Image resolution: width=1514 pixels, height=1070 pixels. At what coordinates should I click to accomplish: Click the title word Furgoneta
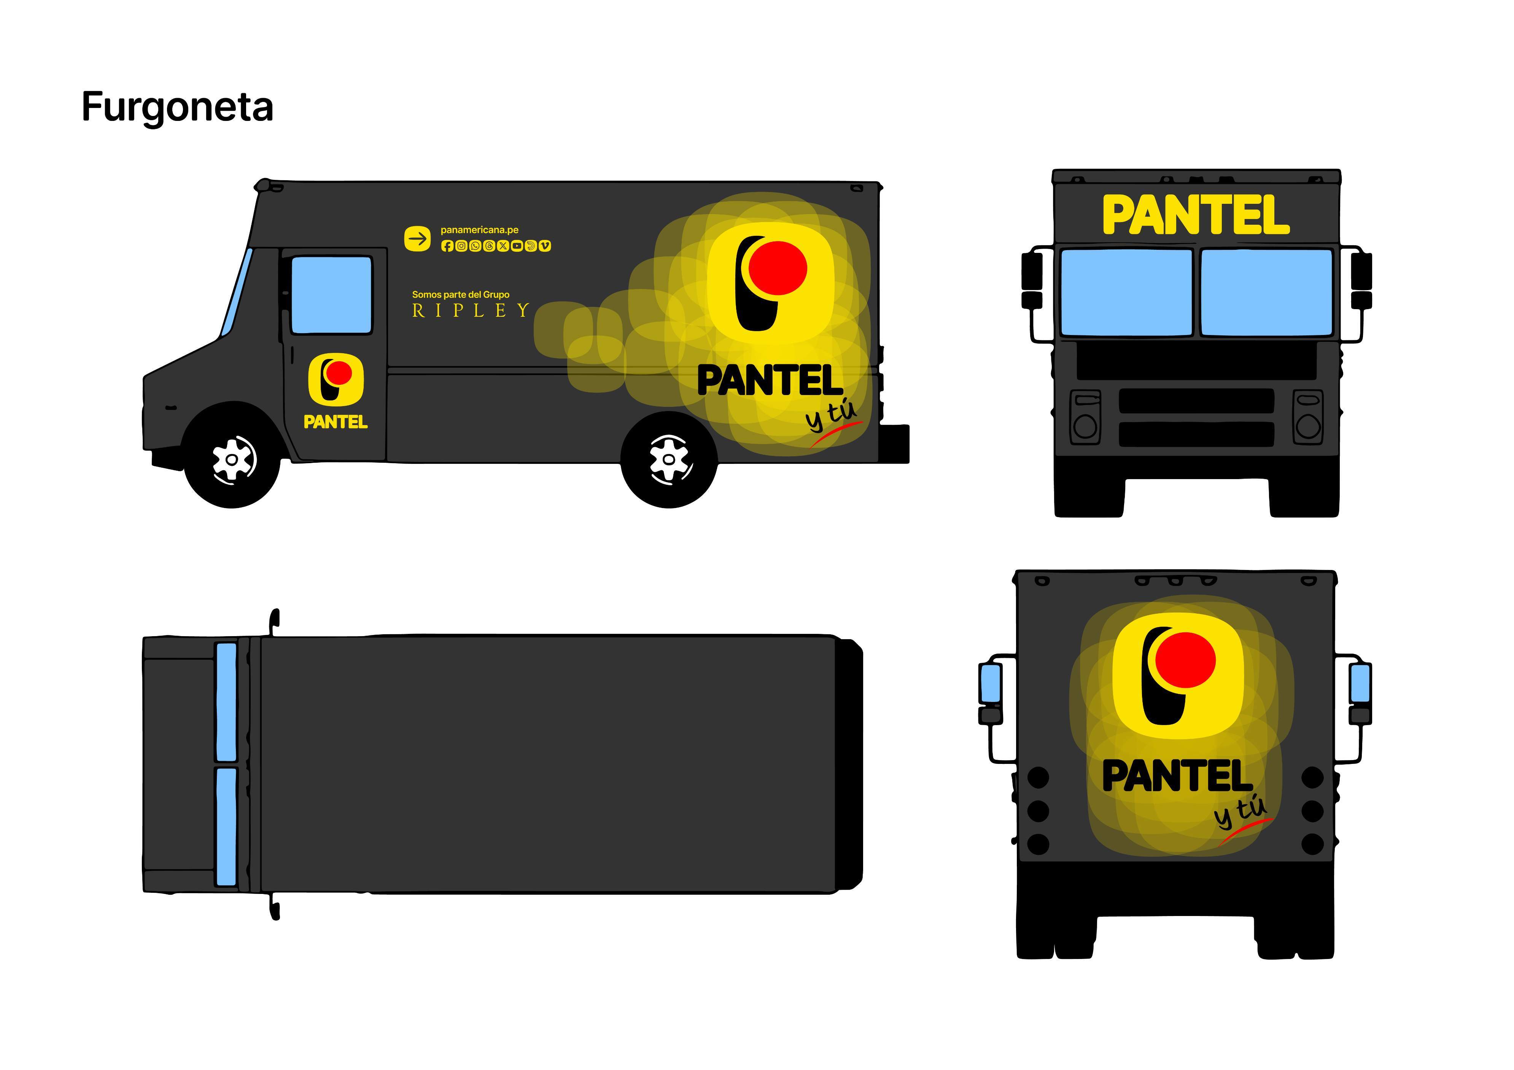point(177,108)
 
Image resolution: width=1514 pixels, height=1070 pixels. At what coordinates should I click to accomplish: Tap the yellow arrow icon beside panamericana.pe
point(417,238)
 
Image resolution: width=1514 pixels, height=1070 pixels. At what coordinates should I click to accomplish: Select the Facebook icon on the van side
point(447,246)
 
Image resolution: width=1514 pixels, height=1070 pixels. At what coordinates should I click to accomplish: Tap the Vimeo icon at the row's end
point(545,246)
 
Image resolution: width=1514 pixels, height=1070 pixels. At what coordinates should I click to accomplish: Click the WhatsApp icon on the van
point(475,246)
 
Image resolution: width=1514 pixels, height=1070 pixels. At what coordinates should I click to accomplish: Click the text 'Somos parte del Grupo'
point(461,295)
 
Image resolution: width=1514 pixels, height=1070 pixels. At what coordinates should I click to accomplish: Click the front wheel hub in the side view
point(232,459)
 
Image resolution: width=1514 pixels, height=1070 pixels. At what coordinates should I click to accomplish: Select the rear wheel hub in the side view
point(669,459)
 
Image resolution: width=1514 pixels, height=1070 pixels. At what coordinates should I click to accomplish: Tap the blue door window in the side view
point(332,295)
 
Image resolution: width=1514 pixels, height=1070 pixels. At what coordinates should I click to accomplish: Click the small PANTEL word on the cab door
point(335,422)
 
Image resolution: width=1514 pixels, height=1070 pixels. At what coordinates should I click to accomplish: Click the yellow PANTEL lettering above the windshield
point(1196,215)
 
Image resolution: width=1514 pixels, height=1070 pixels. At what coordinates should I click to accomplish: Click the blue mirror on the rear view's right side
point(1360,683)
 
